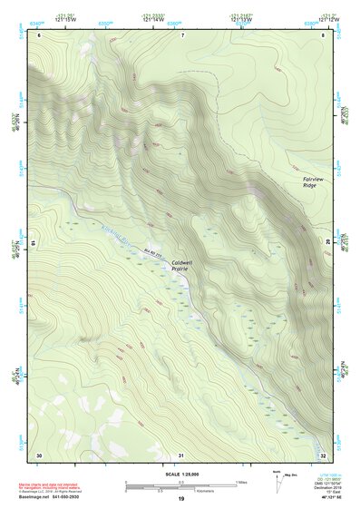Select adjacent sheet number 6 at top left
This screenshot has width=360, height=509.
point(39,34)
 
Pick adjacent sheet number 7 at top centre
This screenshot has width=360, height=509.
point(181,34)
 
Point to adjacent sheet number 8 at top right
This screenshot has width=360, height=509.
point(323,34)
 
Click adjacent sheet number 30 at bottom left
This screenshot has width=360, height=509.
point(39,454)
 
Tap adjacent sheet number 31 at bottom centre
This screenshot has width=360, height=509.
point(181,454)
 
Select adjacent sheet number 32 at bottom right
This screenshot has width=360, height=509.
point(323,454)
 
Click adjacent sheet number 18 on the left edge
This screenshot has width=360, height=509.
point(35,243)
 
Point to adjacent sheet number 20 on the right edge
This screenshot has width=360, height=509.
point(327,243)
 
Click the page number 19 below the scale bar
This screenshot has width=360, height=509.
point(181,499)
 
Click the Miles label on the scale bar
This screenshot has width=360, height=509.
point(240,481)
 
